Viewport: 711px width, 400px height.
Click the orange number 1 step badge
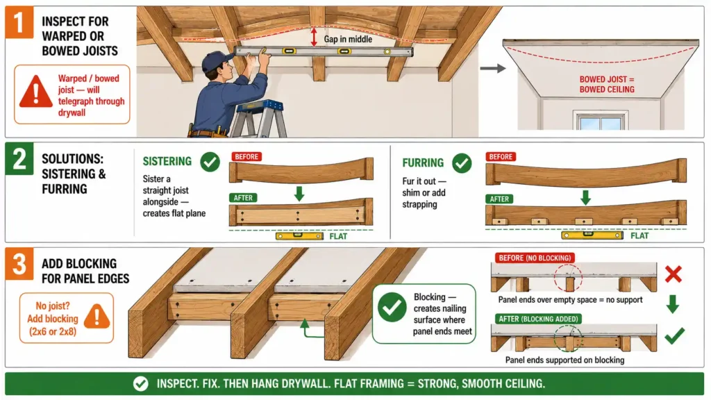coord(19,22)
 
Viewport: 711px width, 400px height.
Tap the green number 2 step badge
coord(19,159)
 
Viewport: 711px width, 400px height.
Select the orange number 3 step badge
coord(19,264)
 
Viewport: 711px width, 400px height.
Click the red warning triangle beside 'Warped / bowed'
coord(36,92)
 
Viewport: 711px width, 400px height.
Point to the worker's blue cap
coord(217,61)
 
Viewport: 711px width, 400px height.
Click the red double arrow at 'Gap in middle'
coord(313,37)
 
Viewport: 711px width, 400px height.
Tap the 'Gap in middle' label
coord(348,40)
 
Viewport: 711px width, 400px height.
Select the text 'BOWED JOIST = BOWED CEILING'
coord(607,84)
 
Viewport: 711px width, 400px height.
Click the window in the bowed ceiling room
coord(601,121)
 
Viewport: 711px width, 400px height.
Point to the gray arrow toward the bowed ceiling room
coord(493,69)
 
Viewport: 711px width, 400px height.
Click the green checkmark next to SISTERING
coord(210,162)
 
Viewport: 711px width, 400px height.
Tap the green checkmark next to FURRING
coord(462,163)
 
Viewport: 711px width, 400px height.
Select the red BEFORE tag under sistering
coord(246,156)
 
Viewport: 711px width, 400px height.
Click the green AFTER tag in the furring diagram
coord(499,199)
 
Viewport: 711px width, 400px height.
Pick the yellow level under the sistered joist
coord(300,236)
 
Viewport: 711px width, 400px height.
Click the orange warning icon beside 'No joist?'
coord(97,316)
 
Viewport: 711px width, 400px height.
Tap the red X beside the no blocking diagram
coord(674,274)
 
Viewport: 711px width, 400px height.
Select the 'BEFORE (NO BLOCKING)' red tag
coord(535,258)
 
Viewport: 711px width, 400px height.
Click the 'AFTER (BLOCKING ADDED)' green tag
coord(538,319)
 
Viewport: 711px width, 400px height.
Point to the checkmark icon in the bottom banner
coord(140,383)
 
